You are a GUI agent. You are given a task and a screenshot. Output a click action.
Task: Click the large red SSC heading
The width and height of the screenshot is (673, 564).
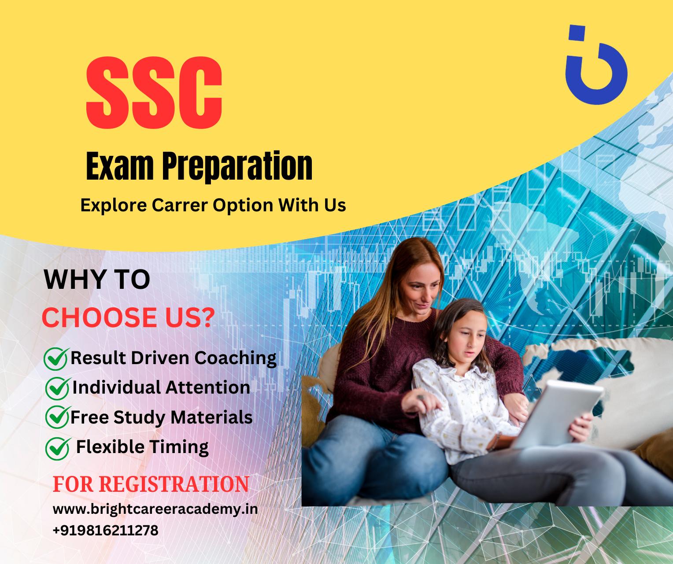[154, 93]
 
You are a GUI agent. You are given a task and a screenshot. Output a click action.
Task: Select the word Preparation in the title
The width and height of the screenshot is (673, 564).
[237, 166]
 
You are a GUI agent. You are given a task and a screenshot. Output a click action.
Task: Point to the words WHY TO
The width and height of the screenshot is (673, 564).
[97, 280]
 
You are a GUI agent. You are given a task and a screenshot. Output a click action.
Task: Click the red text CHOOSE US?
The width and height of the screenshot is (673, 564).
[128, 317]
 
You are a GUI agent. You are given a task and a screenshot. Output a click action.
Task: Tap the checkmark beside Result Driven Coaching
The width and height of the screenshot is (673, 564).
[56, 359]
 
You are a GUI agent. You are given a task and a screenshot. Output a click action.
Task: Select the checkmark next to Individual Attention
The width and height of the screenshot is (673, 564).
[57, 388]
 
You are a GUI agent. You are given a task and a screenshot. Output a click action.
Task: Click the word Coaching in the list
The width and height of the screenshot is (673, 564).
[236, 359]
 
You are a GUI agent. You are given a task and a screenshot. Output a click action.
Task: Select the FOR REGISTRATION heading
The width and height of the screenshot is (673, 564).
[151, 484]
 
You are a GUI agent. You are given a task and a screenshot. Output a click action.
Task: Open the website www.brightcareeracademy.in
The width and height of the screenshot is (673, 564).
[155, 509]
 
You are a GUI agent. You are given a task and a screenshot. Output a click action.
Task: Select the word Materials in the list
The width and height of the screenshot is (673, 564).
[211, 417]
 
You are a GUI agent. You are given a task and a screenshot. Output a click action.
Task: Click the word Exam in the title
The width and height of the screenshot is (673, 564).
[119, 166]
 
